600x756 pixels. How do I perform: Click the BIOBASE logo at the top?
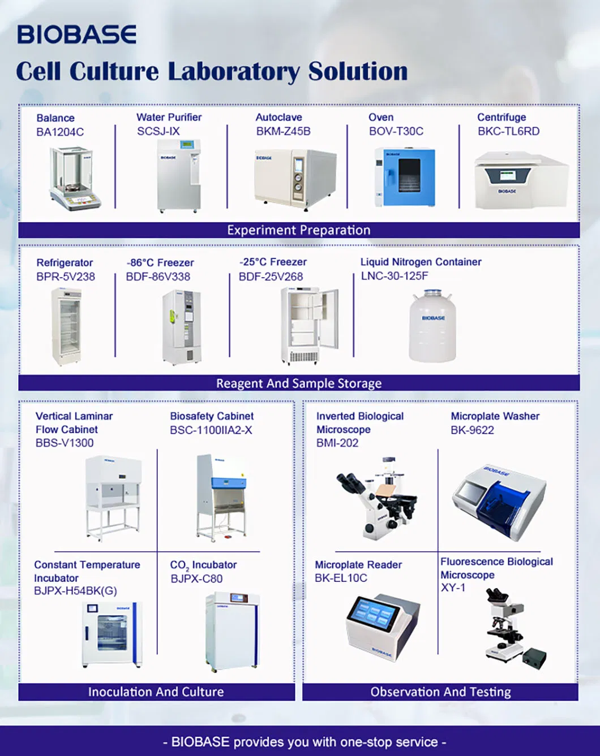76,34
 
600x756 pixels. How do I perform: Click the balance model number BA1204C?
60,132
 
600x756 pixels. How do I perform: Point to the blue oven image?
404,176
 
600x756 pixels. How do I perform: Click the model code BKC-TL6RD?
508,131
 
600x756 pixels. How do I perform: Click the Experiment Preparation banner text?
298,230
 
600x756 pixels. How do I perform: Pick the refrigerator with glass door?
66,326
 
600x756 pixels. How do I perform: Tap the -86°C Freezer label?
160,263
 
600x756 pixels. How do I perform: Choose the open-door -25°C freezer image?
309,325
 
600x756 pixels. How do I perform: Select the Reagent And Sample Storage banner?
298,383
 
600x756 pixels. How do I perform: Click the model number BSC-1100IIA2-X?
211,430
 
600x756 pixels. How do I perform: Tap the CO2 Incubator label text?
203,565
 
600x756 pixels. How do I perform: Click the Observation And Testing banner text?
440,692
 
